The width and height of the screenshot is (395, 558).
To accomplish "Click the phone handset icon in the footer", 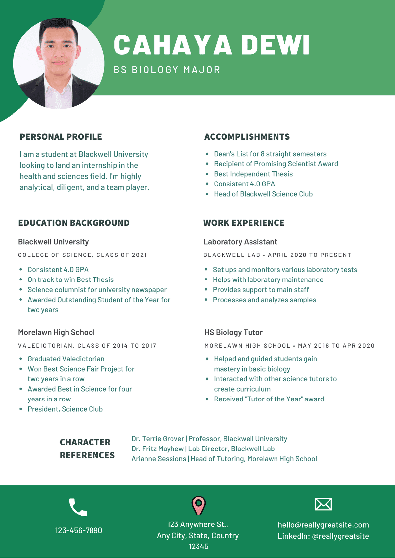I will (78, 507).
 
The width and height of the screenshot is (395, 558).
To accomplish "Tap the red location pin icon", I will (198, 505).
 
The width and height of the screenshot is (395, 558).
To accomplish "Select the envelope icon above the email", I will (323, 504).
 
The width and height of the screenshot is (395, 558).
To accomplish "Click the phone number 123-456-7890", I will (79, 530).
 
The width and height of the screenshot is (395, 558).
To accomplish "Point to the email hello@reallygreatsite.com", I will (323, 525).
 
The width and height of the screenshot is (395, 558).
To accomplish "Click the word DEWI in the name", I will (275, 45).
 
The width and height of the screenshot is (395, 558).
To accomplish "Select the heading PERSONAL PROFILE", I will (61, 137).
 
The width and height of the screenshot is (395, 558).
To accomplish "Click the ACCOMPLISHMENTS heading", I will (247, 137).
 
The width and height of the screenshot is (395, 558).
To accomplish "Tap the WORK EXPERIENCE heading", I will (244, 223).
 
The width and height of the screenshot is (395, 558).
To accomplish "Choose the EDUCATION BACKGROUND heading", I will (74, 223).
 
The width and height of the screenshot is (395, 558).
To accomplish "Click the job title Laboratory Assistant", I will (240, 242).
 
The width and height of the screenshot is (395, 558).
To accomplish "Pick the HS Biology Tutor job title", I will (233, 332).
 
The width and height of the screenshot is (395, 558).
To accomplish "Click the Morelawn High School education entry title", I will (56, 332).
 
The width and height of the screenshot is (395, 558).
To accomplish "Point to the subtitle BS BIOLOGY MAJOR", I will (167, 70).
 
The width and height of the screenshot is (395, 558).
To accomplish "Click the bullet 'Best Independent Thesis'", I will (253, 174).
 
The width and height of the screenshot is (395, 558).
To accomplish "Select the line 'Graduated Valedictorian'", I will (66, 359).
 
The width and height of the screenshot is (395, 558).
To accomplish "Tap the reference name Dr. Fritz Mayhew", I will (157, 449).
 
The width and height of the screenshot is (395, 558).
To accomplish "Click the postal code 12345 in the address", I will (198, 546).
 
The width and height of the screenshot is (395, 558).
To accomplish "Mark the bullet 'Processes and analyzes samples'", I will (264, 300).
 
